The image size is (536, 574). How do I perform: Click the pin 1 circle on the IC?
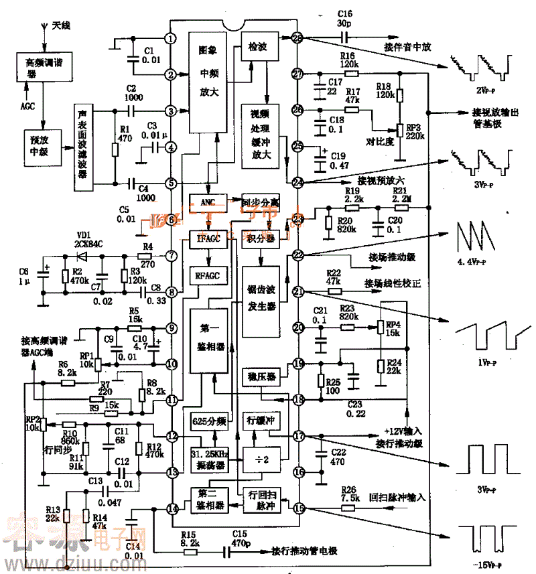[x=172, y=39]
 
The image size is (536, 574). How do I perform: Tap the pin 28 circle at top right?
[x=298, y=38]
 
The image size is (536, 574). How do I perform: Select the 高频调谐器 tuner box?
[x=43, y=67]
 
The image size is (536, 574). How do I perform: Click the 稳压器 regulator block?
[x=258, y=377]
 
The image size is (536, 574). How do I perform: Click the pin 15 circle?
[x=298, y=508]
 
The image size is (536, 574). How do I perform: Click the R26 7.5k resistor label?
[x=349, y=494]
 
